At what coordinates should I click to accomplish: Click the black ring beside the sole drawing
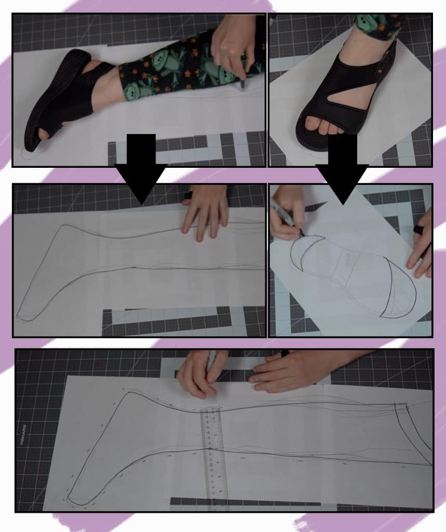(x=418, y=229)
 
